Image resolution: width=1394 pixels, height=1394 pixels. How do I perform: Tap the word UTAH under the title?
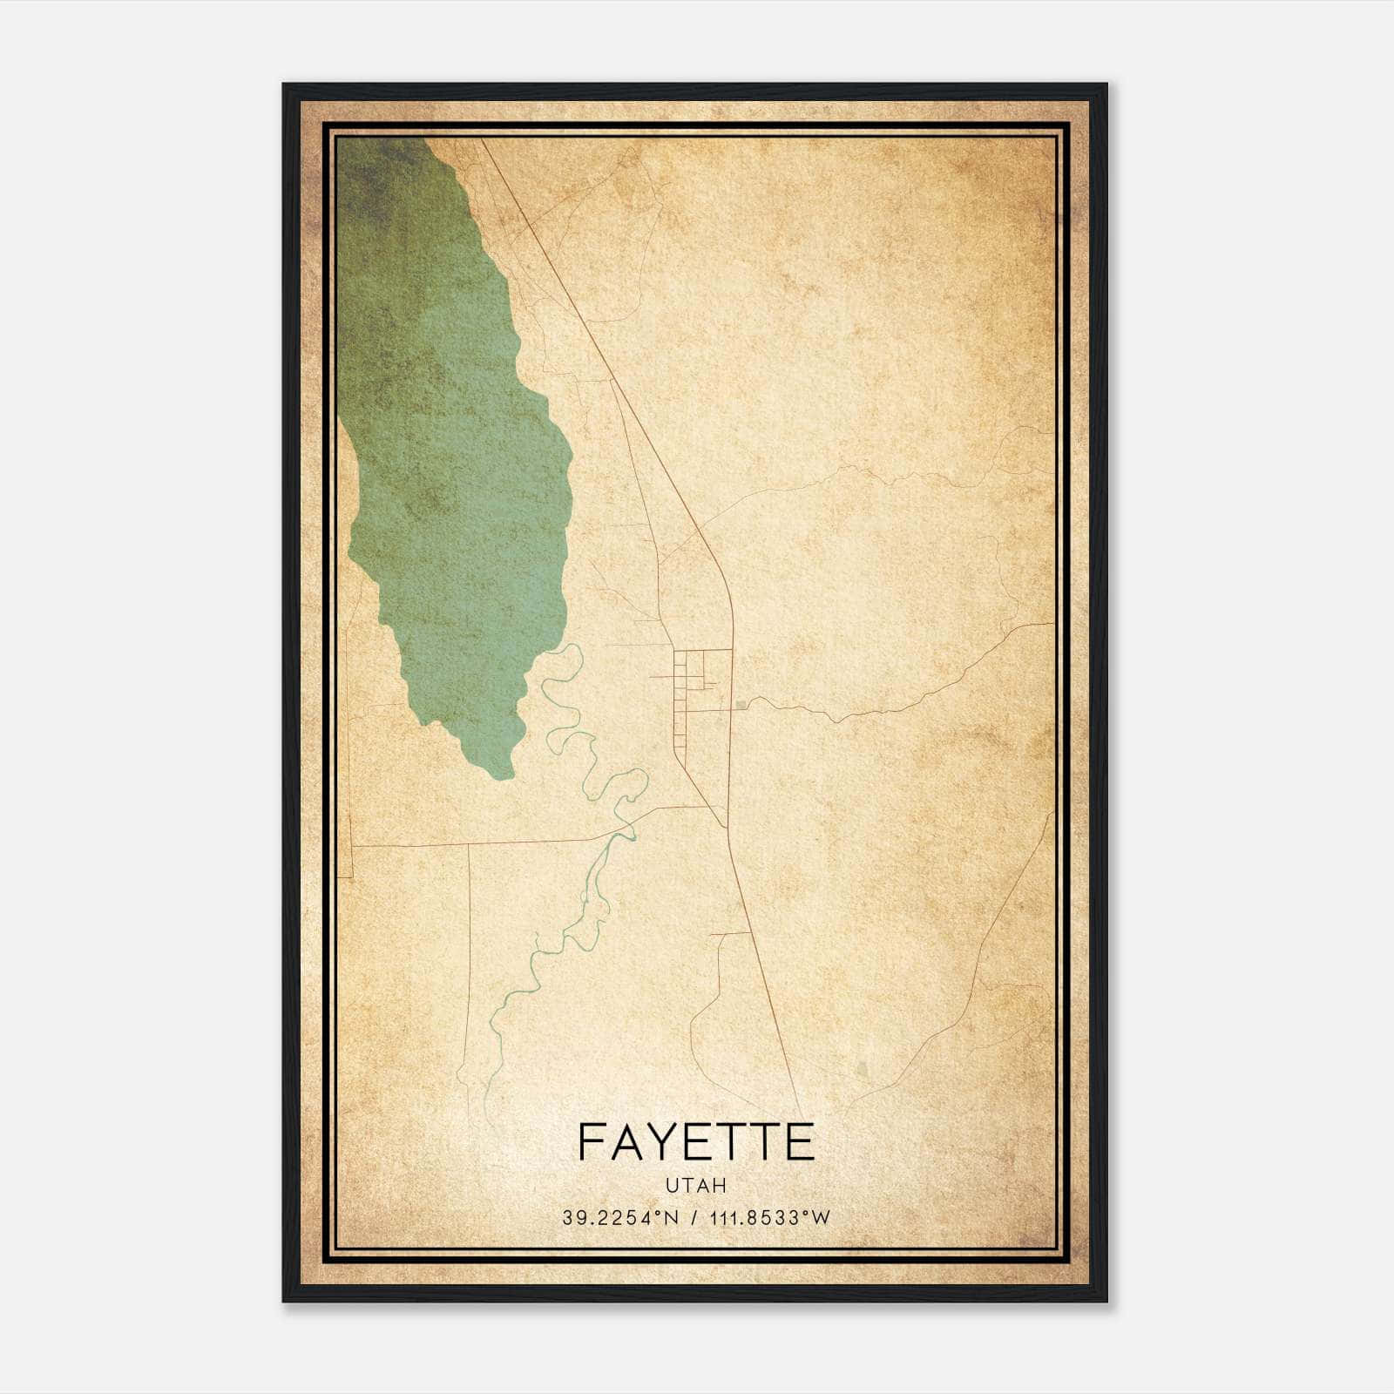696,1185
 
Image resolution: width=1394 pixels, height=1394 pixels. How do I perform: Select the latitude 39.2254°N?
619,1218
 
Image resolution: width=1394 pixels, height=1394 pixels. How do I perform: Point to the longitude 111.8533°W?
767,1218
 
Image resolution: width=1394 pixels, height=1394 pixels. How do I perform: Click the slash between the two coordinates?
693,1218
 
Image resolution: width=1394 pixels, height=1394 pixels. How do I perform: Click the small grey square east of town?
741,704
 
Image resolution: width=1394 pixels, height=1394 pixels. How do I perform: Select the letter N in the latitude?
671,1218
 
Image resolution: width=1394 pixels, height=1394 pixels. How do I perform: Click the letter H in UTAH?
720,1185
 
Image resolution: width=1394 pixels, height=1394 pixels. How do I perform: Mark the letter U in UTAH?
672,1185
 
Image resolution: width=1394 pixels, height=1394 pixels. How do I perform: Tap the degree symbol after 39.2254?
660,1214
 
